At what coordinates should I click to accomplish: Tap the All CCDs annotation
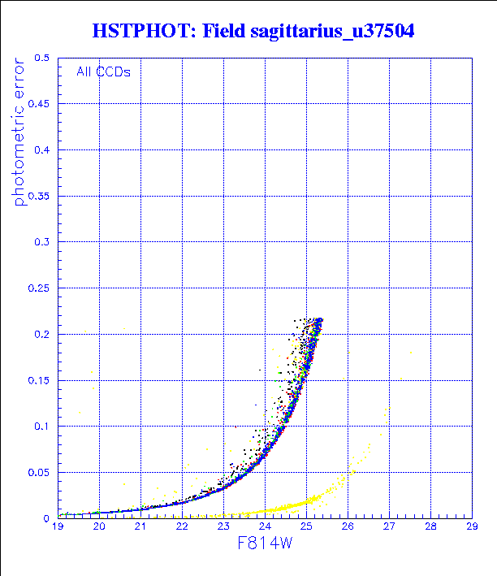103,71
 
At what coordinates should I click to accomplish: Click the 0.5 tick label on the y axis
41,58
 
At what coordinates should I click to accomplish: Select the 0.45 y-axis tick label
38,104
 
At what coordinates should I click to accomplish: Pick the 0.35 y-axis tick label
38,196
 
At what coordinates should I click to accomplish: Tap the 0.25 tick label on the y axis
38,288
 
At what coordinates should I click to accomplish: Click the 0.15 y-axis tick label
38,380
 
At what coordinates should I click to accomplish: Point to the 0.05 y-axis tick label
38,472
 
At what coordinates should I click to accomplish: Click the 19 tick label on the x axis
58,527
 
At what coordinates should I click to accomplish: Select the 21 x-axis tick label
140,527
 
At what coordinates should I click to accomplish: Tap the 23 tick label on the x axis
223,527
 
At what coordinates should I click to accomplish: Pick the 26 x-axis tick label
348,527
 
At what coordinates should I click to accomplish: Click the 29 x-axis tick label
472,527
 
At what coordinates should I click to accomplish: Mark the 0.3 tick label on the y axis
41,242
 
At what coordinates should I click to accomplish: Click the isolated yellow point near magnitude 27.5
411,353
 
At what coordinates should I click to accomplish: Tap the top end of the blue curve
320,320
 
